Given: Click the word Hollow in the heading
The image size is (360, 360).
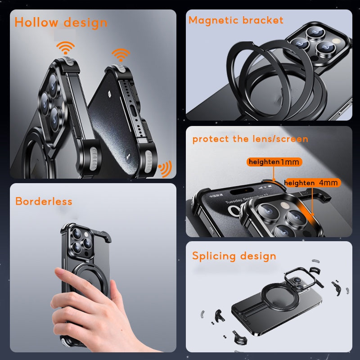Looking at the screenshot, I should pos(37,22).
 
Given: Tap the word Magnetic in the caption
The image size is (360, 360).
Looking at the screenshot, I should pos(213,20).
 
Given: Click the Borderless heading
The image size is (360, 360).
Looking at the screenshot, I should pos(44,201).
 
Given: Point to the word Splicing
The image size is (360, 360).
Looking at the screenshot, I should pos(214,256).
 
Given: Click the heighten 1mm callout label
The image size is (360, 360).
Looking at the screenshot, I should pos(274,162).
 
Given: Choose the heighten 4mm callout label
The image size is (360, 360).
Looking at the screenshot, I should pos(311,183).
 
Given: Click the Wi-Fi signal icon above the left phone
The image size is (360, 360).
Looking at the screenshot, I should pos(65,48).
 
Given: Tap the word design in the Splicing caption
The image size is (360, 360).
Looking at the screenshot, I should pos(257,256).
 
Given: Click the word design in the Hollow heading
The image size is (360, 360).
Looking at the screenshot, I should pos(85,22).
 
